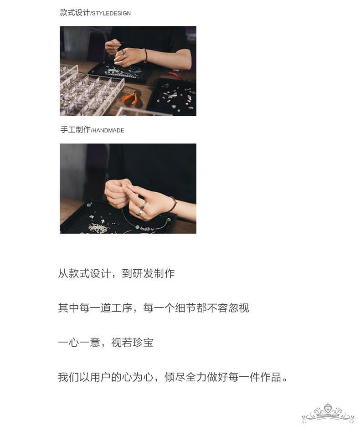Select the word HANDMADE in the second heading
pos(108,131)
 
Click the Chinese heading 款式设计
pos(75,12)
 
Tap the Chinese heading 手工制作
pos(75,130)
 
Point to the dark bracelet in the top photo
pos(145,56)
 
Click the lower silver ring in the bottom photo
pos(140,212)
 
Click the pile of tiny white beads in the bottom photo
pos(98,227)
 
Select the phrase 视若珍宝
pos(132,343)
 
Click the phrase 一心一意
pos(79,343)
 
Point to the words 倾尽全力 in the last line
pos(185,377)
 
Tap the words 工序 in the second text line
pos(122,308)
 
